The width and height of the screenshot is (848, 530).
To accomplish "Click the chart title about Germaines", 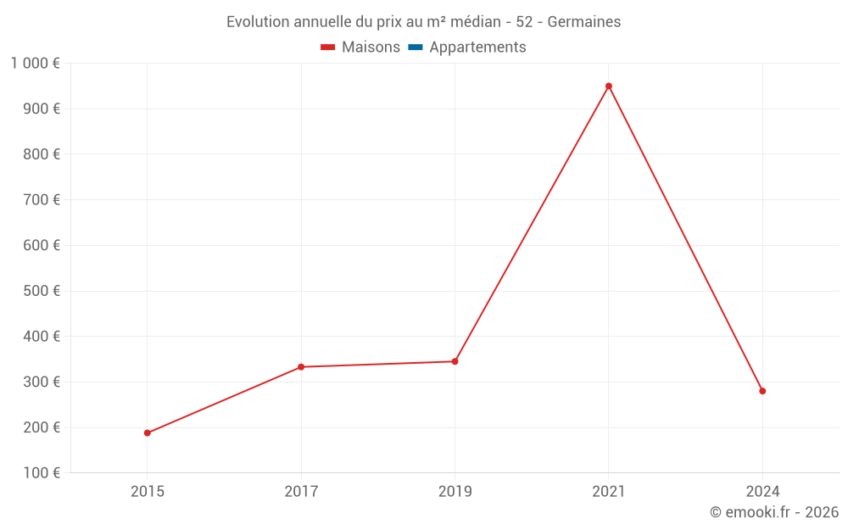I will [x=423, y=22].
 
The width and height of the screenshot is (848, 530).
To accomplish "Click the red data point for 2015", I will [x=148, y=433].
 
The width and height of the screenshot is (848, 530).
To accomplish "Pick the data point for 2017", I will [x=301, y=367].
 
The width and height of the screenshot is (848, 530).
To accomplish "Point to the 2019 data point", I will [x=455, y=361].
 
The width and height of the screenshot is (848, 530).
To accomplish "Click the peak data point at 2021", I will [x=609, y=86].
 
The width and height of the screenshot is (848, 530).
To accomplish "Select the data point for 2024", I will [x=762, y=391].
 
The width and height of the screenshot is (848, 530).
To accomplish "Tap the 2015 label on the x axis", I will [x=148, y=492].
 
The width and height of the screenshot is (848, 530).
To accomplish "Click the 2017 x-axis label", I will [x=301, y=492].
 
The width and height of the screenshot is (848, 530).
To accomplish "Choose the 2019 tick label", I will [x=455, y=492].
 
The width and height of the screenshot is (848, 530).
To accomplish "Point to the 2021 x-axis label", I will [x=609, y=492].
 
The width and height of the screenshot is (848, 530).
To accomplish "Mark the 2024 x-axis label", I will [x=762, y=492].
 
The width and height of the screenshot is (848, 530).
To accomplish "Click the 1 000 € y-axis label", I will [x=35, y=64].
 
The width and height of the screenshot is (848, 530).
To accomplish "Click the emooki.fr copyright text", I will [x=774, y=512].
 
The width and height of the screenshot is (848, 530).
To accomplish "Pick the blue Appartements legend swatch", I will [x=416, y=47].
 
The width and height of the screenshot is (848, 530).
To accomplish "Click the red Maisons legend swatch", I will [x=328, y=47].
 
